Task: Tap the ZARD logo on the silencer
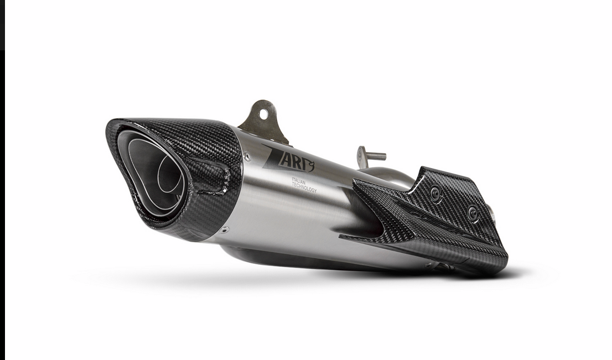(x=288, y=159)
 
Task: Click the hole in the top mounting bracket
(x=263, y=113)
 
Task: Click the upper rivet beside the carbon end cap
(x=247, y=157)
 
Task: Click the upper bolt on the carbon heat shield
(x=435, y=192)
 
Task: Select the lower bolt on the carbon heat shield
(x=474, y=213)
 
